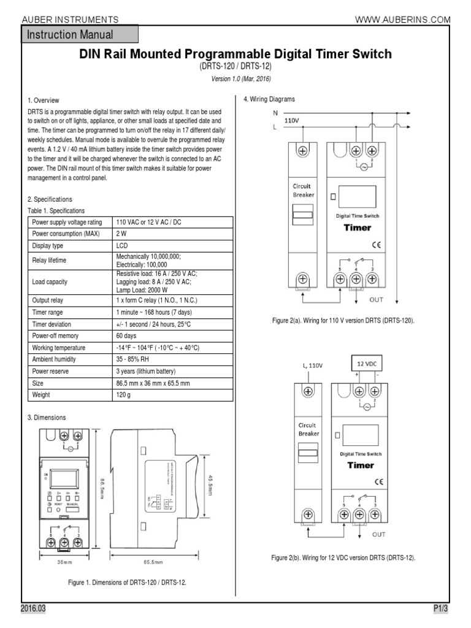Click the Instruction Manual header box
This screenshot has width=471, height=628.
(80, 35)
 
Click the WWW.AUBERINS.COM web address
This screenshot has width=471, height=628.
(403, 20)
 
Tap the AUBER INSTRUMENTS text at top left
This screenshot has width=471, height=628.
(70, 20)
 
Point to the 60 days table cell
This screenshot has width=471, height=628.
(126, 336)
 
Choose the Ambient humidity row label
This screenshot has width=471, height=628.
(58, 360)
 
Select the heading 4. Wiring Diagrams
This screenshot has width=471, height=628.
(269, 99)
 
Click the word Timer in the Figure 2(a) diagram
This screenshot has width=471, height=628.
(357, 228)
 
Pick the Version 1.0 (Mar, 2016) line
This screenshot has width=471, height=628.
(235, 79)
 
